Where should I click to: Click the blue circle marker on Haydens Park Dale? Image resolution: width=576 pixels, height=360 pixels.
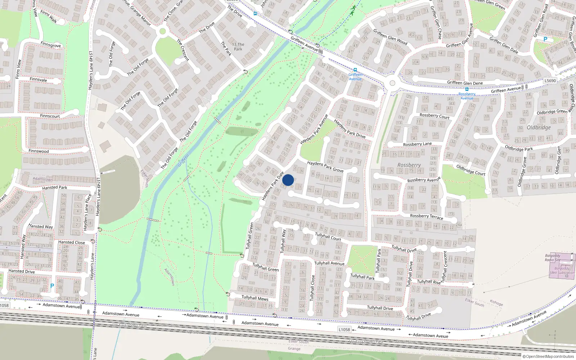pos(288,180)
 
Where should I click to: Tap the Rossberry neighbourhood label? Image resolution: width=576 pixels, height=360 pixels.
pos(409,165)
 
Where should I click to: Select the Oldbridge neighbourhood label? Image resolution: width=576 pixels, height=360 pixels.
pos(539,127)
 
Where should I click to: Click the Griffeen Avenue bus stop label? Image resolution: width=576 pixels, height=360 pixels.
pos(355,77)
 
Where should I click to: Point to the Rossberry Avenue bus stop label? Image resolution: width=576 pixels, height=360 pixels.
pos(467,96)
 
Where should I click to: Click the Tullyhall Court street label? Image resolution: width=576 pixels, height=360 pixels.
pos(328,237)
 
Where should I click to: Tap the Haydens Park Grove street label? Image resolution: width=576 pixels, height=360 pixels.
pos(325,166)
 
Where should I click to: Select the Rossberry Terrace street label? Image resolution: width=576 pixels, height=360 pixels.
pos(427,216)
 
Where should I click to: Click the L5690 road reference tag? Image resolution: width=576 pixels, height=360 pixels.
pos(550,81)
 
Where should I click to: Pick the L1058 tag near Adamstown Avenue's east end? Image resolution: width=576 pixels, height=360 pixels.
pos(344,329)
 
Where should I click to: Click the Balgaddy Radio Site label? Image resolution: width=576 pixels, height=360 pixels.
pos(553,258)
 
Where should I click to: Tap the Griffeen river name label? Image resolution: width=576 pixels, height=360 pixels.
pos(183,161)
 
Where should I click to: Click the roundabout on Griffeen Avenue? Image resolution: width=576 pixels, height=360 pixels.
pos(392,83)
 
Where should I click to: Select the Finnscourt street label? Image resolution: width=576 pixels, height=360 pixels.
pos(50,116)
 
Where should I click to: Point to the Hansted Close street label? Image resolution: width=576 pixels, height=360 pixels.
pos(72,242)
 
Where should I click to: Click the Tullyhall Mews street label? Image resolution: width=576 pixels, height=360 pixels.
pos(255,298)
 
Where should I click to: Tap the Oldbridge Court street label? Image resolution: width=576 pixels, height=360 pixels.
pos(471,170)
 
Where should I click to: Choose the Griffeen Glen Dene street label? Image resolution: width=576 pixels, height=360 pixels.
pos(465,83)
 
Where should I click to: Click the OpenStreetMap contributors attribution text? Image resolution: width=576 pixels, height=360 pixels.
pos(548,356)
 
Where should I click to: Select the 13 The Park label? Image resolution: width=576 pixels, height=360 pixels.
pos(238,47)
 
